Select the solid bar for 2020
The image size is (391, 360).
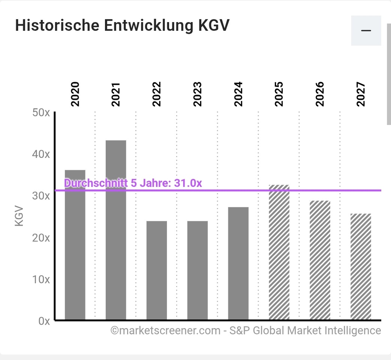click(x=75, y=255)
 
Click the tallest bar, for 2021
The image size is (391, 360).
click(x=116, y=230)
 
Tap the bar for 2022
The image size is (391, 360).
click(x=157, y=270)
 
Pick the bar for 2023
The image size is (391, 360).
click(x=198, y=270)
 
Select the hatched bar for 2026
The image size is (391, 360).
click(x=320, y=260)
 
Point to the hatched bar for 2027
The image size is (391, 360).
click(x=361, y=267)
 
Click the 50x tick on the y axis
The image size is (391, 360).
click(x=41, y=112)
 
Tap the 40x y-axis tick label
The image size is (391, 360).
click(x=41, y=154)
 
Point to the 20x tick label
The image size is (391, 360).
click(x=41, y=238)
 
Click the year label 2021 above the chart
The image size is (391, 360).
click(x=116, y=94)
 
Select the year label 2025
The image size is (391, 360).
click(x=279, y=94)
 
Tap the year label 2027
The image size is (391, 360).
click(x=361, y=94)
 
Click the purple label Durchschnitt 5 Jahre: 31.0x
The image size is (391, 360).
click(x=133, y=183)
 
